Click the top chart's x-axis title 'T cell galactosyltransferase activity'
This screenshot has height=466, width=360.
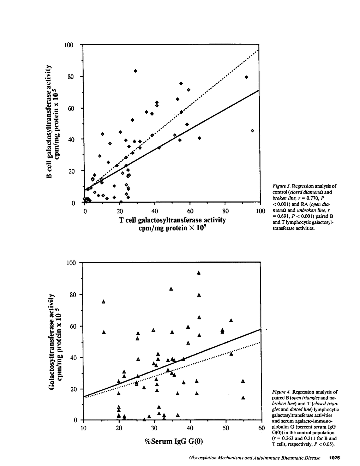coord(172,220)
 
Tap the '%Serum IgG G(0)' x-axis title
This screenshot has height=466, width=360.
coord(174,441)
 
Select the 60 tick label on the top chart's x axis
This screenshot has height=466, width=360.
coord(190,211)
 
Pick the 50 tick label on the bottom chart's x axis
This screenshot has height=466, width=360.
coord(226,428)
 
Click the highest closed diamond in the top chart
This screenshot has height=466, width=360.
coord(135,71)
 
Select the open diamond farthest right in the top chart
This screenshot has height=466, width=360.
coord(252,131)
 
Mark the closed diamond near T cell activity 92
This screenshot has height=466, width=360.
coord(246,77)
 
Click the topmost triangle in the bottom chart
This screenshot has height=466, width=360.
coord(199,273)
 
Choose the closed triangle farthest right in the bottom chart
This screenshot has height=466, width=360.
coord(243,398)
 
